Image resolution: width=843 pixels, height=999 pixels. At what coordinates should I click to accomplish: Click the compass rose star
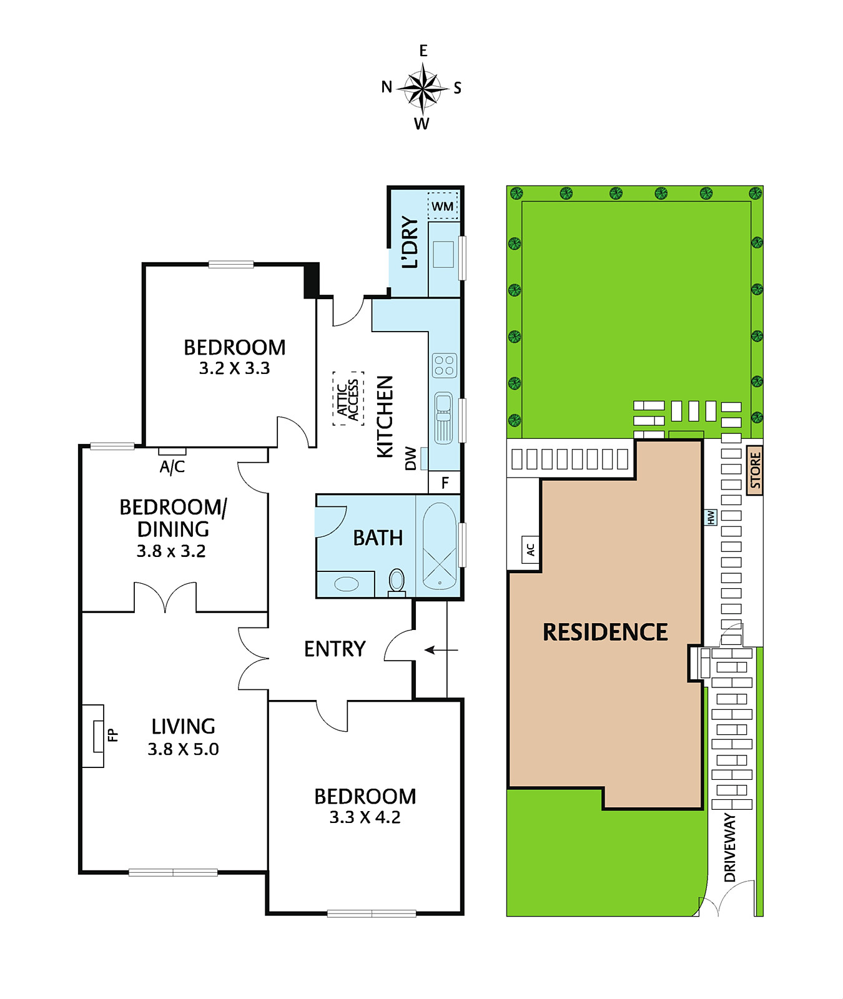click(423, 87)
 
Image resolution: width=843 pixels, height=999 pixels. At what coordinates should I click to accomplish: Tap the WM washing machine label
click(443, 206)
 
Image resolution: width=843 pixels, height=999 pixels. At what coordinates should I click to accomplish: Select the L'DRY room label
click(410, 242)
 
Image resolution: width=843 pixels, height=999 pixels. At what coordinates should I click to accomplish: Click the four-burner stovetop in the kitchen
click(444, 366)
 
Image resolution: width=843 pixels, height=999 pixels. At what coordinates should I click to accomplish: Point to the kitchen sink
click(443, 418)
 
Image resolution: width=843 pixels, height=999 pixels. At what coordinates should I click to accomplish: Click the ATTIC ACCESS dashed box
click(348, 399)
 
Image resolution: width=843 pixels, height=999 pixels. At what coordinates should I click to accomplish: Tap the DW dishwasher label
click(410, 458)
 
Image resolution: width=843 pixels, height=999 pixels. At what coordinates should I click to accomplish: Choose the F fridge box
click(445, 482)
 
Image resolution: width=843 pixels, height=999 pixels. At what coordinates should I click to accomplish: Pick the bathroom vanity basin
click(347, 584)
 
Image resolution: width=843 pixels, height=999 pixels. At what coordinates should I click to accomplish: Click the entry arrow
click(441, 650)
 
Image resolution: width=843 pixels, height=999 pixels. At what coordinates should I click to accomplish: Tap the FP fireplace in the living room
click(99, 736)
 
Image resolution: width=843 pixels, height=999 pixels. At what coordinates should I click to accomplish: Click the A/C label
click(172, 466)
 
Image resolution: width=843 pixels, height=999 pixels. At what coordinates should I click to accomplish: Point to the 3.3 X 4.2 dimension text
click(365, 817)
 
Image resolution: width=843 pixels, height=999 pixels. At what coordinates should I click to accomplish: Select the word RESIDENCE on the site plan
click(605, 632)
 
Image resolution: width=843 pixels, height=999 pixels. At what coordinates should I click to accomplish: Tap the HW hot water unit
click(711, 517)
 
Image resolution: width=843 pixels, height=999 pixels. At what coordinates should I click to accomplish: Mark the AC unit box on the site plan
click(530, 549)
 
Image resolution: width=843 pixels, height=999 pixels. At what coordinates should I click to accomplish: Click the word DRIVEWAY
click(729, 847)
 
